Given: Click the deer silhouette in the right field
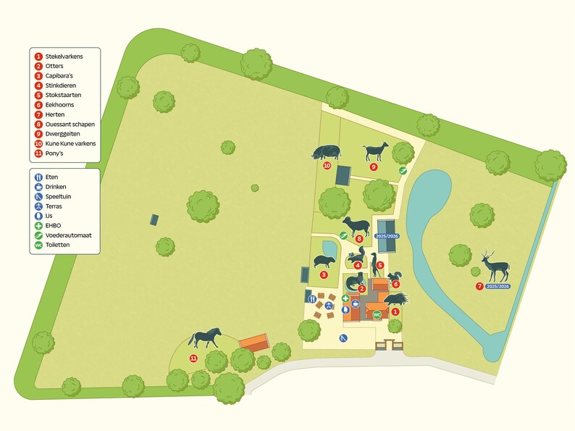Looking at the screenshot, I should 496,267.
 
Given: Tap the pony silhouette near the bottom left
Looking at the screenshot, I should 205,338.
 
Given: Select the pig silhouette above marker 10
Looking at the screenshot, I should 325,152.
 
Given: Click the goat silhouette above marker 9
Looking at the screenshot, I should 375,151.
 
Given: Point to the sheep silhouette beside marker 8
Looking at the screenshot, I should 356,225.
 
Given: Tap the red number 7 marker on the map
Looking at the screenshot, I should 479,287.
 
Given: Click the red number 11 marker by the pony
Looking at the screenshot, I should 193,358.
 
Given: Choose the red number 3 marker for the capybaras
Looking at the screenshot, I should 324,275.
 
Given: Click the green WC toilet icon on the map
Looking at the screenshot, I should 377,314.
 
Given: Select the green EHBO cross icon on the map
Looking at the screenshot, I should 345,298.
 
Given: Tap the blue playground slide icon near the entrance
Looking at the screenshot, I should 343,338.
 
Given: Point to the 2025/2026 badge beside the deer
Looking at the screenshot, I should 499,287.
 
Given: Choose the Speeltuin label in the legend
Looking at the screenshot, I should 58,196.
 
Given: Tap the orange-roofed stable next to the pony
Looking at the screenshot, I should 253,342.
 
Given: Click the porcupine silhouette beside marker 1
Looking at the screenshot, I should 396,299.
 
